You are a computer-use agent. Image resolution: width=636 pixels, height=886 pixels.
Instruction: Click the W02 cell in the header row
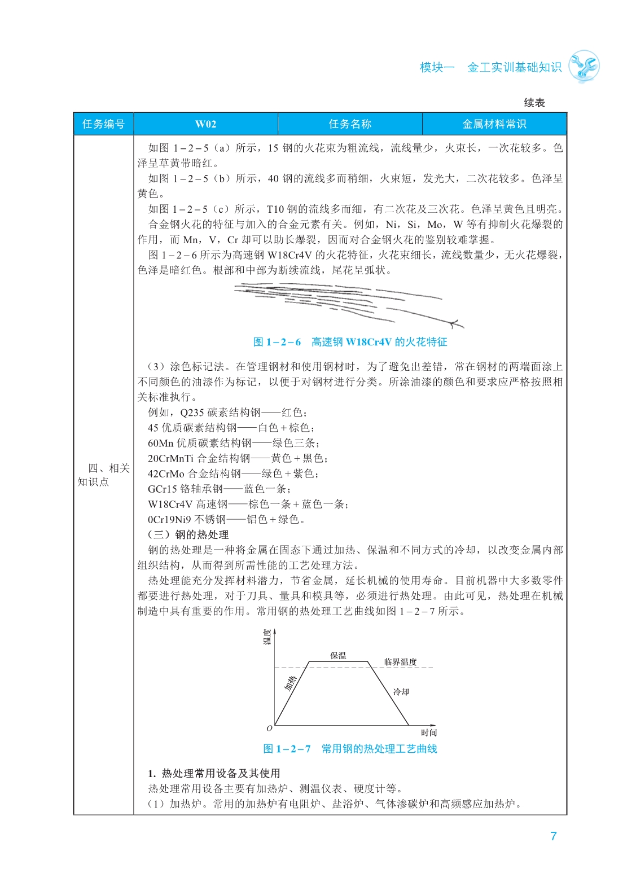(205, 124)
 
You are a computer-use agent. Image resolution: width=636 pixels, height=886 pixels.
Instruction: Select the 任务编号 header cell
(103, 124)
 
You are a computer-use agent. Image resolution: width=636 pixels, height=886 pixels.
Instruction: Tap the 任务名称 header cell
(350, 124)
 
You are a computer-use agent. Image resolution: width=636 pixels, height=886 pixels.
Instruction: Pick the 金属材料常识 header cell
(494, 124)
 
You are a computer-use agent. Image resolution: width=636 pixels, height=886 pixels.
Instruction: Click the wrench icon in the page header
(584, 67)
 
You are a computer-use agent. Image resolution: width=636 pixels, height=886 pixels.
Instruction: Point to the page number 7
(554, 836)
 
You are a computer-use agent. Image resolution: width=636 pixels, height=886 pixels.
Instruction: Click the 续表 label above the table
(534, 103)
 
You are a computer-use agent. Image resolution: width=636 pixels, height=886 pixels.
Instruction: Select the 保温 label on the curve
(338, 655)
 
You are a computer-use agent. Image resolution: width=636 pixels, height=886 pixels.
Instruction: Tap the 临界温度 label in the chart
(400, 662)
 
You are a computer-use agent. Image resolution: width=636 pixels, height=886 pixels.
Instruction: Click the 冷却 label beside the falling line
(401, 691)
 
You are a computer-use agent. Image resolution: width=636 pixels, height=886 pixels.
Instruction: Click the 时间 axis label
(429, 733)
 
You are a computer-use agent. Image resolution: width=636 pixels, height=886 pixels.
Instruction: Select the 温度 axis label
(267, 637)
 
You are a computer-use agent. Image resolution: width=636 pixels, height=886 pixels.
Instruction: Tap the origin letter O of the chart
(269, 728)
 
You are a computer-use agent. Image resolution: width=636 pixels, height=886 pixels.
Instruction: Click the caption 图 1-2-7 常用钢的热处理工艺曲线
(350, 749)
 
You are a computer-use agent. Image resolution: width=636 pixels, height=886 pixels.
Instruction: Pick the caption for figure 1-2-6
(350, 342)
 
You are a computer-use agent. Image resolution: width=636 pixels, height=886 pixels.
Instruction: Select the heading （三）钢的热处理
(188, 534)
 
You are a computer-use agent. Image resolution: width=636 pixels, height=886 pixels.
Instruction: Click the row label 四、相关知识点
(104, 475)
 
